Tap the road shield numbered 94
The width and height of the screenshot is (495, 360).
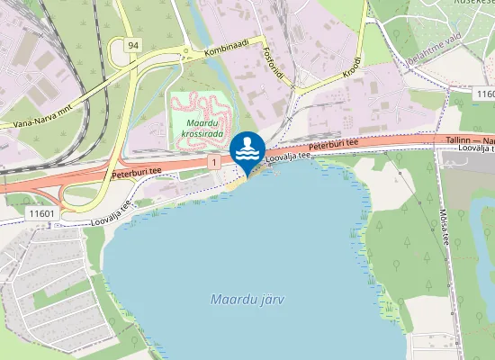coord(132,44)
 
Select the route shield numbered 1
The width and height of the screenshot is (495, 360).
coord(213,161)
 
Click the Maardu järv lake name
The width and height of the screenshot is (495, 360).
coord(245,298)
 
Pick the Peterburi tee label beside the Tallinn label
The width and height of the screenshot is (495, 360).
coord(333,144)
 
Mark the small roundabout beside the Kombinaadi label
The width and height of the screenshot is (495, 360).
coord(185,51)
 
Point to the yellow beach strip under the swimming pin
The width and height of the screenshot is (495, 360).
coord(237,183)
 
